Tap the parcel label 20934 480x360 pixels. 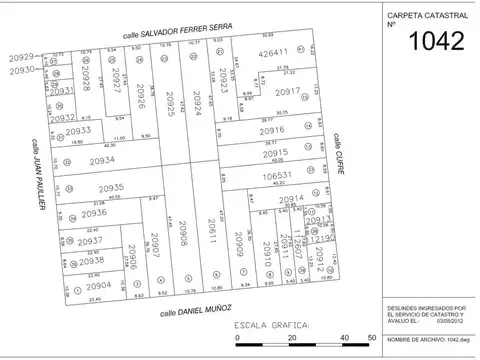click(104, 161)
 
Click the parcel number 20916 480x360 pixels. click(272, 131)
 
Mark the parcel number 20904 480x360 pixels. click(98, 285)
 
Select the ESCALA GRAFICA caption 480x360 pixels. click(272, 326)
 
